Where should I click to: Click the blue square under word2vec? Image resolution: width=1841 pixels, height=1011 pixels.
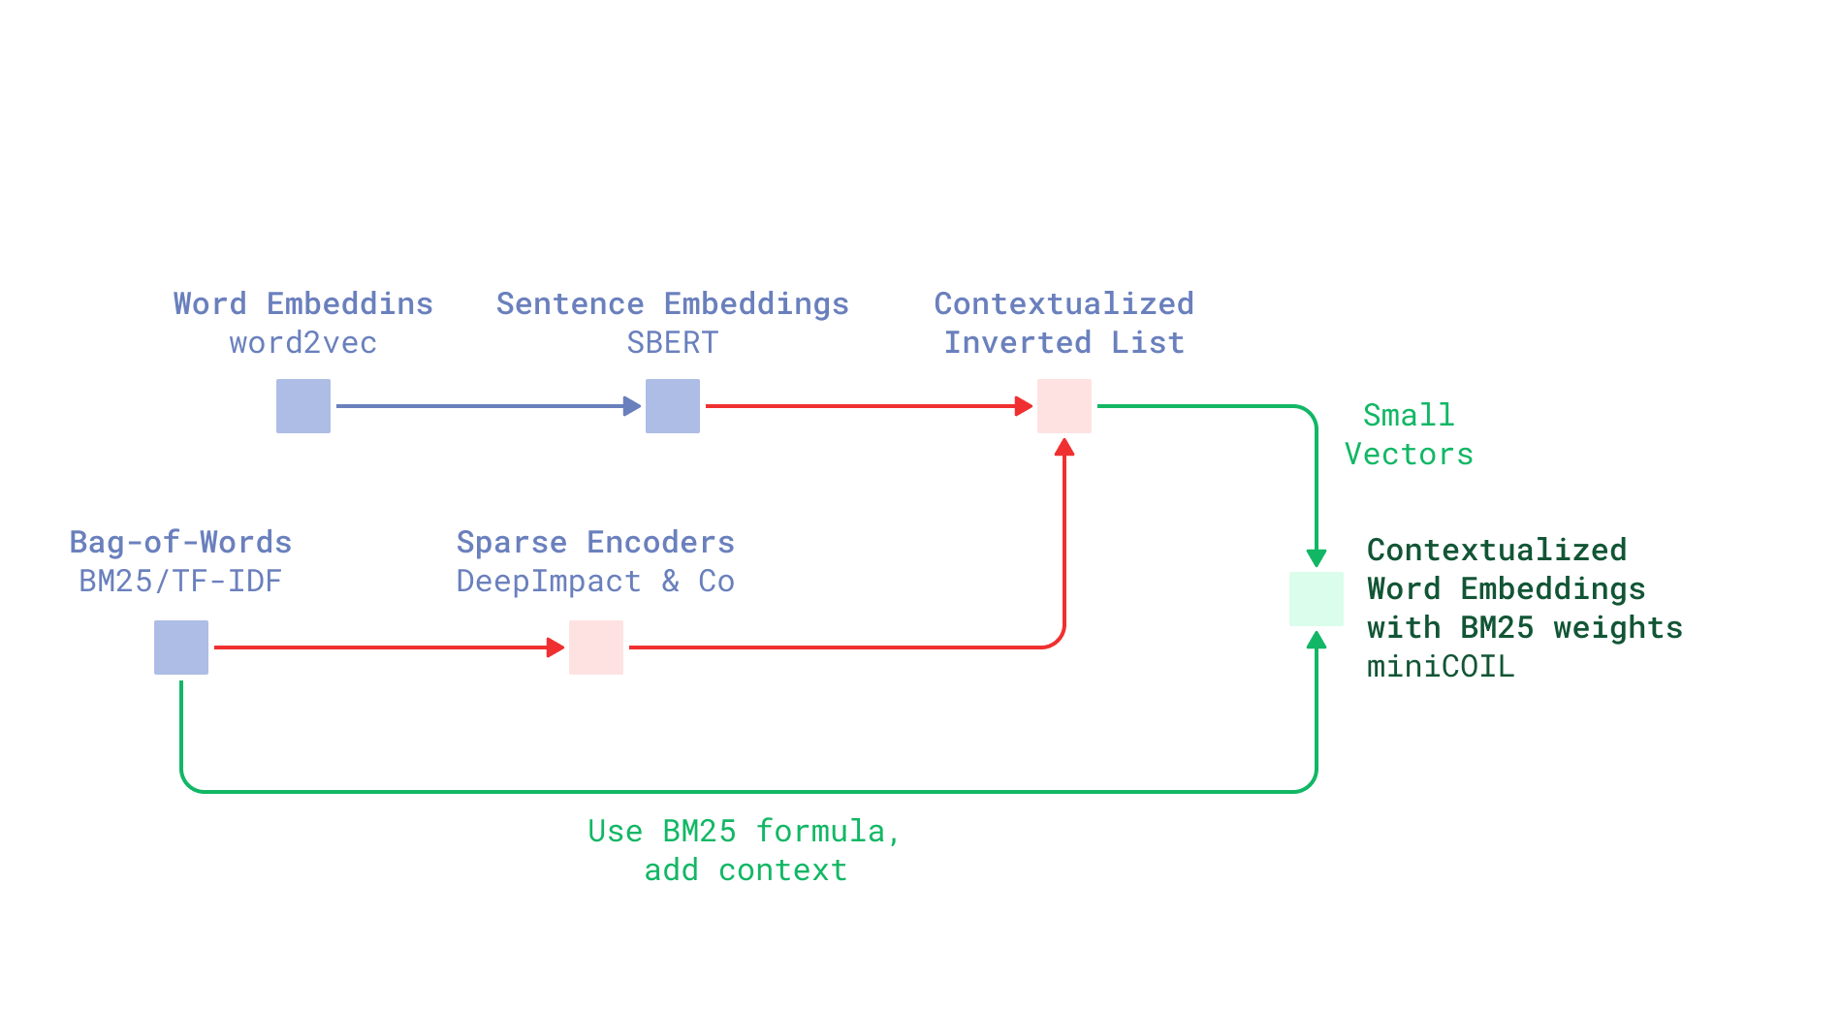(x=302, y=406)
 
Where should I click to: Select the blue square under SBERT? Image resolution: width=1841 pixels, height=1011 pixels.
(x=672, y=406)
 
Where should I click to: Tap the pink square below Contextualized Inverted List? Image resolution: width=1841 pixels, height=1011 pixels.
(x=1063, y=406)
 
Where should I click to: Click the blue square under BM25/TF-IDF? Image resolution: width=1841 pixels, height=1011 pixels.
(x=181, y=648)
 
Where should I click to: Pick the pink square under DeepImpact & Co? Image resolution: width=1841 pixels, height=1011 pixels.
(x=595, y=648)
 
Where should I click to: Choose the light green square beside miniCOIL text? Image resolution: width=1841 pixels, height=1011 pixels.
(x=1316, y=599)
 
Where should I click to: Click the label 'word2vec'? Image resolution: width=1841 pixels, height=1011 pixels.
(x=302, y=343)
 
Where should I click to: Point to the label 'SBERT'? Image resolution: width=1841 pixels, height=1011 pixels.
(x=672, y=343)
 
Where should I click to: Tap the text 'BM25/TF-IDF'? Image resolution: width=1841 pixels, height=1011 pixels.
(x=180, y=582)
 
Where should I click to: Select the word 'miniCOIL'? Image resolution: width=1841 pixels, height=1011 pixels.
(x=1440, y=667)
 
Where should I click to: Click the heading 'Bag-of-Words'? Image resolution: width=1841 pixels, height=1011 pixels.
(x=180, y=543)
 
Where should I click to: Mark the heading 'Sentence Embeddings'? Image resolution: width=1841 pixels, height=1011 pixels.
(x=672, y=304)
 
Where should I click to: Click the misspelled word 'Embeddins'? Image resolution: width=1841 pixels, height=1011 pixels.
(x=349, y=304)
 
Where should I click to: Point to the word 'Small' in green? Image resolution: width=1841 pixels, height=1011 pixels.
(x=1408, y=416)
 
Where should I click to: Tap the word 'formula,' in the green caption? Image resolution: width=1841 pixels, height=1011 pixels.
(x=827, y=832)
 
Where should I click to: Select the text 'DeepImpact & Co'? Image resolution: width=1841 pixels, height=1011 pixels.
(x=595, y=582)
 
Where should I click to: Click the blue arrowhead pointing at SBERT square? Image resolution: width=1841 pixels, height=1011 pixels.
(x=632, y=406)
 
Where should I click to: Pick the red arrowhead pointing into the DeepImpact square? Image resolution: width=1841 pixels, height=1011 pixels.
(x=555, y=648)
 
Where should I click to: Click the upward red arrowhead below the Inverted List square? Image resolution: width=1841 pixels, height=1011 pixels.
(x=1063, y=447)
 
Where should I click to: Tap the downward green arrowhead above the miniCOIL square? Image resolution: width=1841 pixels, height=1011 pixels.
(x=1316, y=558)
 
